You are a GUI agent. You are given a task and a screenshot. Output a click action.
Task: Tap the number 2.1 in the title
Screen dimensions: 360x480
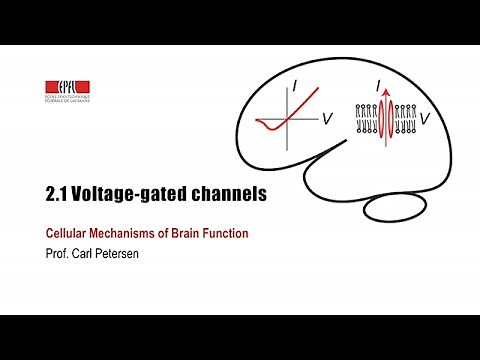[x=58, y=196]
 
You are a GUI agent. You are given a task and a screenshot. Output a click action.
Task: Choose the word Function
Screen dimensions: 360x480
[x=229, y=233]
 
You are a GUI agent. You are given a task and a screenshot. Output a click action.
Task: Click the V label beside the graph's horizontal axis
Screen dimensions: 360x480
[x=327, y=119]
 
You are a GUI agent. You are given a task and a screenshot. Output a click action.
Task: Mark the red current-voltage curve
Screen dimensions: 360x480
[x=299, y=109]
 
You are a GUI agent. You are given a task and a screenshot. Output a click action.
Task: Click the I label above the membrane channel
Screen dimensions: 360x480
[x=378, y=88]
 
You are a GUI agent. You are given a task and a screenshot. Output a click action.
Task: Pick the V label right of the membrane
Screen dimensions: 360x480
[x=426, y=119]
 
